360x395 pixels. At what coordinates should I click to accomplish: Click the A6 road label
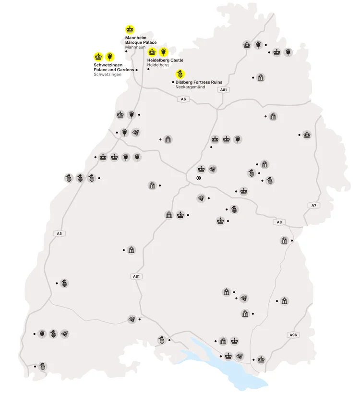(x=182, y=99)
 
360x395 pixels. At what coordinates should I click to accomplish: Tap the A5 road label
(x=59, y=234)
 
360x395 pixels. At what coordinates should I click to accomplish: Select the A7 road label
(x=314, y=206)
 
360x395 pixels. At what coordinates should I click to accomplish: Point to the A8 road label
(x=279, y=222)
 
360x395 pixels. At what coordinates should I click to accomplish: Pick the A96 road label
(x=293, y=335)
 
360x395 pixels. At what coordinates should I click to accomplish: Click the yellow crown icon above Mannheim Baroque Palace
(x=130, y=29)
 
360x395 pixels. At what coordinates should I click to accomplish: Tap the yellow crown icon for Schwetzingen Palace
(x=98, y=56)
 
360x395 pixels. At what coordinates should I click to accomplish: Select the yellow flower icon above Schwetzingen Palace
(x=109, y=56)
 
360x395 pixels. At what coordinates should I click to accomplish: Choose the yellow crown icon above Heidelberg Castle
(x=152, y=51)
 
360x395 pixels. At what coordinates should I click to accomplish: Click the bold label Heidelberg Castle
(x=165, y=60)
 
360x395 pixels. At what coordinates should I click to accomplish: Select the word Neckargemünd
(x=191, y=87)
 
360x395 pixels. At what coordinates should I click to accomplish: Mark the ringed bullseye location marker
(x=198, y=178)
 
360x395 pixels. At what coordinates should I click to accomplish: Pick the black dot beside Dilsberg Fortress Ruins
(x=172, y=82)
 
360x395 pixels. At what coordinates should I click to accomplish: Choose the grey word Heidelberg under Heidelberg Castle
(x=158, y=65)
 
